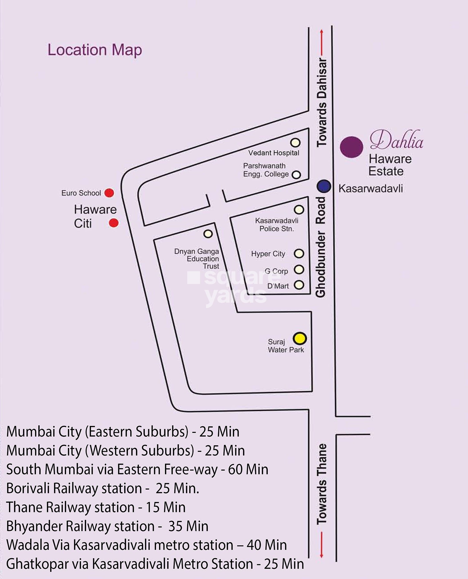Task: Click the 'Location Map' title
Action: pos(95,50)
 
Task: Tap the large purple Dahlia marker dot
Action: pos(352,147)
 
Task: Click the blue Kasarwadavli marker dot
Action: pos(324,186)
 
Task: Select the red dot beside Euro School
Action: pos(109,193)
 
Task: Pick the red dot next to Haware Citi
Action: pos(114,223)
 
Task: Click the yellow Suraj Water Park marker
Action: pos(300,338)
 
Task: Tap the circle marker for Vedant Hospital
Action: pos(295,142)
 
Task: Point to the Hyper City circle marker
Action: pos(299,253)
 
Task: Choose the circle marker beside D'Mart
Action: pos(299,285)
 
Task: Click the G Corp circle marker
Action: pos(299,269)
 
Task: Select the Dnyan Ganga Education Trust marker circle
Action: pos(208,234)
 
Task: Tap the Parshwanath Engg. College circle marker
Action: pos(296,175)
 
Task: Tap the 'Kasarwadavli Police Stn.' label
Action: pos(277,224)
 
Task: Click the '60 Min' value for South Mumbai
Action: pos(248,470)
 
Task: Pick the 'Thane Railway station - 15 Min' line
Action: pos(96,507)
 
